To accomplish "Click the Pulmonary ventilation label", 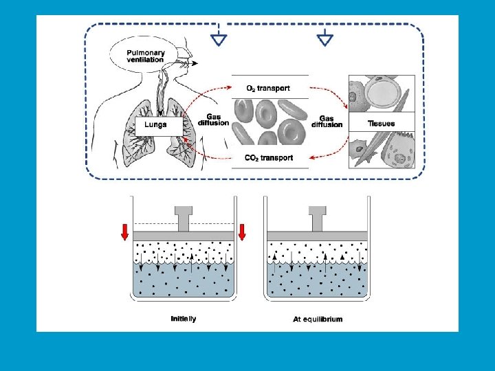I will tap(145, 55).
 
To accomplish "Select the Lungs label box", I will tap(159, 126).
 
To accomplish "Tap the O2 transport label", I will tap(268, 88).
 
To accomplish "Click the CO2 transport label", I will tap(269, 158).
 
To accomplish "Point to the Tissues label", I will tap(382, 124).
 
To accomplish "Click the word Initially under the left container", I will tap(184, 319).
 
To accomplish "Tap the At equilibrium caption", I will tap(318, 319).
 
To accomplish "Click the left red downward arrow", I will tap(124, 232).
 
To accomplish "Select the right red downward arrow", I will tap(242, 232).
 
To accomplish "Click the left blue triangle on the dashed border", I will tap(219, 39).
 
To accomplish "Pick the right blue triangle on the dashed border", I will tap(324, 39).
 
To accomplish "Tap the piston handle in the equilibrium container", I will tap(317, 218).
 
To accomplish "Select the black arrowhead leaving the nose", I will tap(196, 63).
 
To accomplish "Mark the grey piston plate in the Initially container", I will tap(184, 236).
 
